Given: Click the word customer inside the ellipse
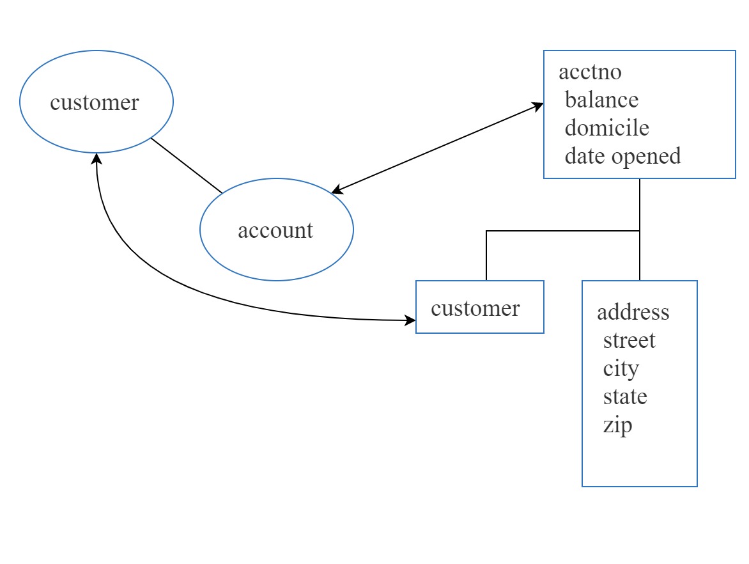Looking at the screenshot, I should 94,103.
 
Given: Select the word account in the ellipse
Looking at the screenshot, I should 275,230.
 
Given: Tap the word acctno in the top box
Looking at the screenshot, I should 589,72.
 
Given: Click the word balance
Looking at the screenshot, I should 601,100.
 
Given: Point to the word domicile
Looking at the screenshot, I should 606,128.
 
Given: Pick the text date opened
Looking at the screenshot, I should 622,156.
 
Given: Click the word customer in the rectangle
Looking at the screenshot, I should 475,308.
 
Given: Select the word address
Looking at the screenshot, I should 633,312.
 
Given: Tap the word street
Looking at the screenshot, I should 629,340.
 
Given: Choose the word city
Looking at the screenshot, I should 621,368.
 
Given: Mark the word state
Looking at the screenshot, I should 624,396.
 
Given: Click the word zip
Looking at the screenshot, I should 617,425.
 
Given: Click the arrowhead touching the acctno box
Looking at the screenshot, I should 539,107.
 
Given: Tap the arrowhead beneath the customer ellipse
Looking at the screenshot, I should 97,158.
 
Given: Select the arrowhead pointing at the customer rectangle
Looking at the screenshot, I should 410,320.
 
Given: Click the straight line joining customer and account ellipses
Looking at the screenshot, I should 187,165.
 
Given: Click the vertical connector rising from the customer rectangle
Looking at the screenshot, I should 486,256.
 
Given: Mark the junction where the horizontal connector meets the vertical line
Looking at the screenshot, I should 640,231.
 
